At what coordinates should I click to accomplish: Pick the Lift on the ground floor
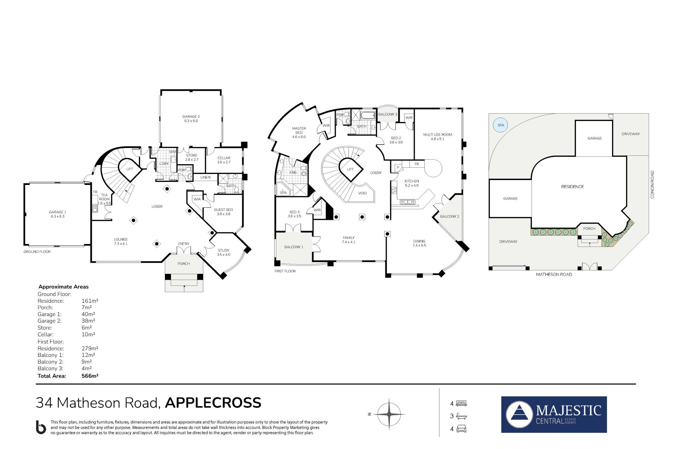130,169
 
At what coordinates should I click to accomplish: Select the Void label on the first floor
362,193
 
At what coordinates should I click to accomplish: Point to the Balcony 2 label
450,217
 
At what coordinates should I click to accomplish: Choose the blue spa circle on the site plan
500,125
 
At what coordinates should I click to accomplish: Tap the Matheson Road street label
554,274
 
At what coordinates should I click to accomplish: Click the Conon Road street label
652,185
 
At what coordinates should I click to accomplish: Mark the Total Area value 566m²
90,376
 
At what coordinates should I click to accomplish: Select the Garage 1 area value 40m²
88,314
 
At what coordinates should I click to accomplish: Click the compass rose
389,415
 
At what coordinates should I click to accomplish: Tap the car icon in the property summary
461,429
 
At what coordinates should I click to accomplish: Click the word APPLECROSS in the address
213,403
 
